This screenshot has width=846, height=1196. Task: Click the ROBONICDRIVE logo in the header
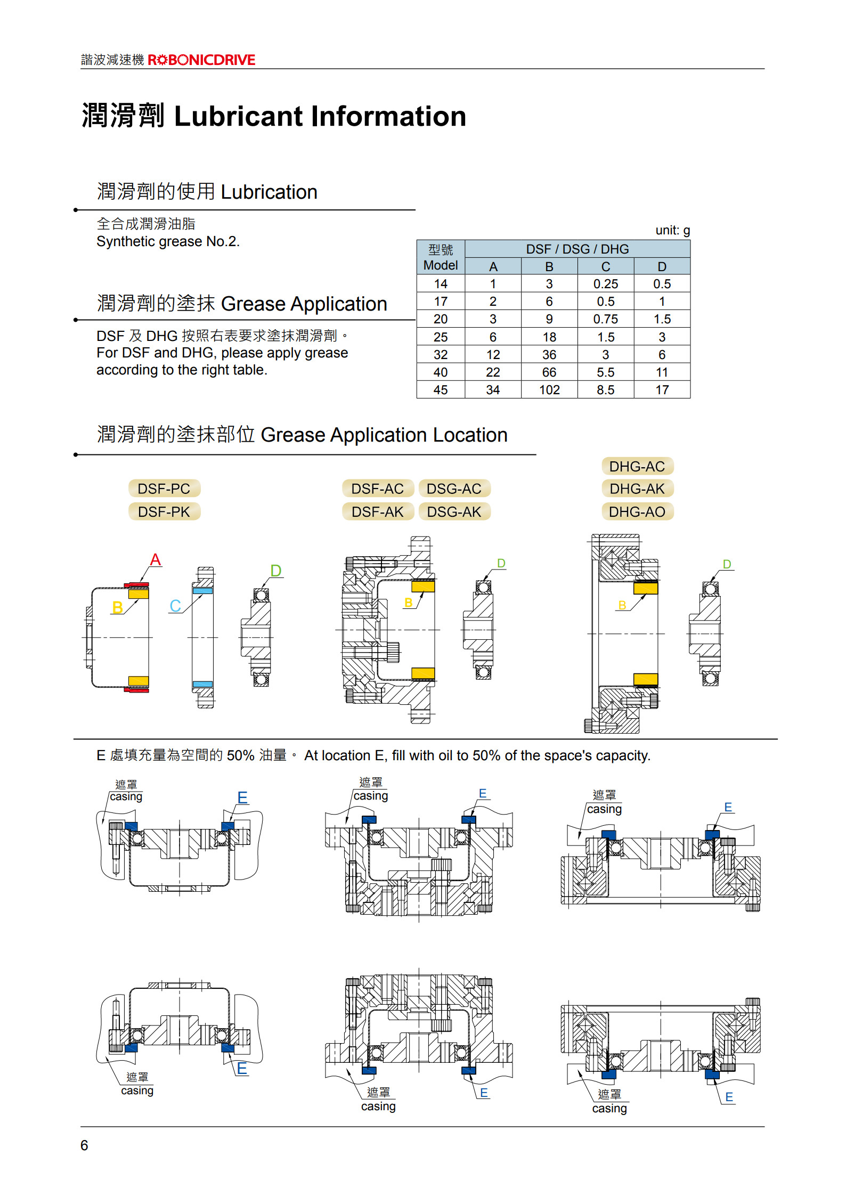tap(201, 60)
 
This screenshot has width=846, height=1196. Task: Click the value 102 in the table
tap(549, 390)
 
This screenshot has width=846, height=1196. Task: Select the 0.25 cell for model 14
tap(606, 284)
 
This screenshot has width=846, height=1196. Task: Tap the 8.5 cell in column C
tap(606, 390)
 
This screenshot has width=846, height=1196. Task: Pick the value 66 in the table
tap(549, 372)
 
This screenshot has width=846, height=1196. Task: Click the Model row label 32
tap(441, 355)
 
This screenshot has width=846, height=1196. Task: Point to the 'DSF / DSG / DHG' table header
tap(577, 249)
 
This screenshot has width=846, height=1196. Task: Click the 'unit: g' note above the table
tap(672, 230)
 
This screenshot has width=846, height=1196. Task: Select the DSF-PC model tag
tap(164, 489)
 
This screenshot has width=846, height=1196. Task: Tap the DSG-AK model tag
tap(454, 512)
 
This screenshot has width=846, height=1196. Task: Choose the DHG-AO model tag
tap(637, 512)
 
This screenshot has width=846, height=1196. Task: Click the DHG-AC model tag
tap(637, 467)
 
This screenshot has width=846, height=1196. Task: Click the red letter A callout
tap(156, 560)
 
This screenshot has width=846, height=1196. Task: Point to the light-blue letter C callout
tap(175, 606)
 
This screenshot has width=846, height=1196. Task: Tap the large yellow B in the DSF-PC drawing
tap(118, 607)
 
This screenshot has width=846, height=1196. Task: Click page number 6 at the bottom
tap(84, 1145)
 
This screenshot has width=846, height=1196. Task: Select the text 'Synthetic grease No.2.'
tap(168, 242)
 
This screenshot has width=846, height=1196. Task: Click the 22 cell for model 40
tap(493, 372)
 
